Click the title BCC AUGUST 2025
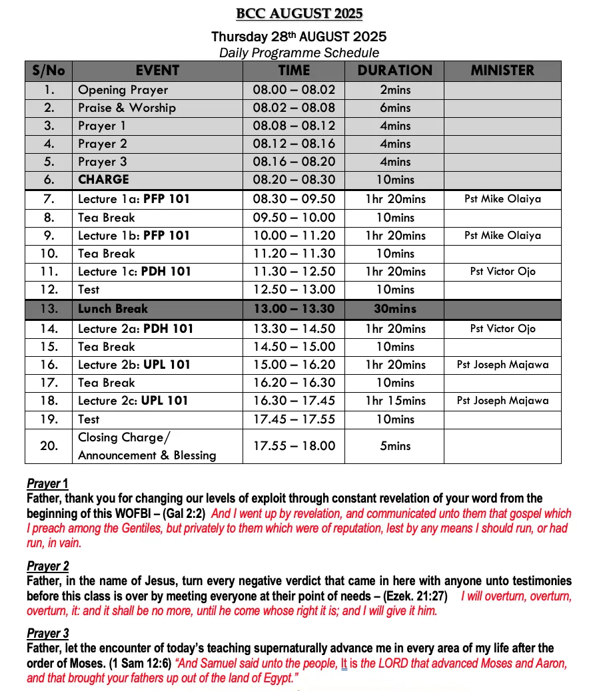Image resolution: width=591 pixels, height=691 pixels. (299, 14)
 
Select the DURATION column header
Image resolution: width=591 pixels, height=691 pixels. (394, 71)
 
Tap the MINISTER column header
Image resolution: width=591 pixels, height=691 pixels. (502, 71)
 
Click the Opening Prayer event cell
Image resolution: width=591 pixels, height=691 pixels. (123, 90)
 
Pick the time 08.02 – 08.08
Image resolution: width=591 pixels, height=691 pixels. (294, 108)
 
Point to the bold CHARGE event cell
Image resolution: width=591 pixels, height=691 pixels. (103, 180)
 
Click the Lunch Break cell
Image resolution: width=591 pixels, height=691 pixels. (113, 309)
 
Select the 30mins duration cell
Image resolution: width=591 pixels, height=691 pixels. (394, 309)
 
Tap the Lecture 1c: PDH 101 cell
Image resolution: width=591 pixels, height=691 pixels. (135, 272)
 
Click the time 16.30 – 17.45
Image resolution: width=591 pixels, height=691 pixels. (294, 401)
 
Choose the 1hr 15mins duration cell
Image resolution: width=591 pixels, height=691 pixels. (394, 401)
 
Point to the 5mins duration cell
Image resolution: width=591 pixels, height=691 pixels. (394, 446)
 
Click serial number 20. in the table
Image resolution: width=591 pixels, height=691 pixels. (49, 446)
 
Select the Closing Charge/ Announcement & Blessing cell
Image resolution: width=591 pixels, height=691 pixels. (147, 446)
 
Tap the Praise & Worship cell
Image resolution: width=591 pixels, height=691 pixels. (127, 108)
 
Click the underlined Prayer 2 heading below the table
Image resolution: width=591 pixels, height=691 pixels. (48, 567)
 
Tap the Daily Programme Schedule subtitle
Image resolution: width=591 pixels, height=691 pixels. (299, 53)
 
